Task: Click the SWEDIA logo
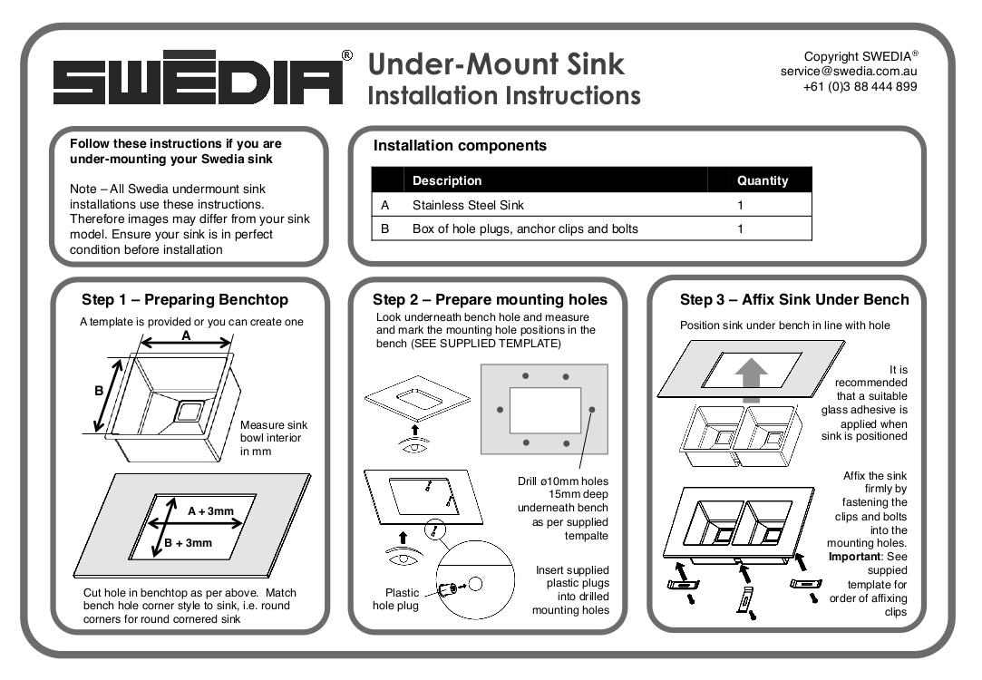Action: tap(198, 83)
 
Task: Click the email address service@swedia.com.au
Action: tap(849, 72)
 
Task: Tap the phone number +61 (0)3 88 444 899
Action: tap(860, 87)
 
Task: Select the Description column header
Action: tap(447, 180)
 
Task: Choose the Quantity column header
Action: tap(762, 180)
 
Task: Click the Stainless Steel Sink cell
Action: tap(468, 206)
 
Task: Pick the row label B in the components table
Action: tap(384, 228)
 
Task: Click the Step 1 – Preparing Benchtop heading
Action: tap(185, 300)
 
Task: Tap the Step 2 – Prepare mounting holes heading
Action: tap(490, 299)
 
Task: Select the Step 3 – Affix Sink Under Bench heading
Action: tap(794, 299)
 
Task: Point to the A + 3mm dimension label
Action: tap(210, 511)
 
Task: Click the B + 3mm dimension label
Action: tap(188, 543)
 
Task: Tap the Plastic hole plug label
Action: tap(396, 599)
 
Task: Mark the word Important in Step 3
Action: tap(853, 557)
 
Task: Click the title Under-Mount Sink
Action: tap(496, 64)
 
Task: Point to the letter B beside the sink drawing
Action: tap(99, 393)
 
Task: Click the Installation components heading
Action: tap(460, 145)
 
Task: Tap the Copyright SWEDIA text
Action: tap(860, 56)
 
